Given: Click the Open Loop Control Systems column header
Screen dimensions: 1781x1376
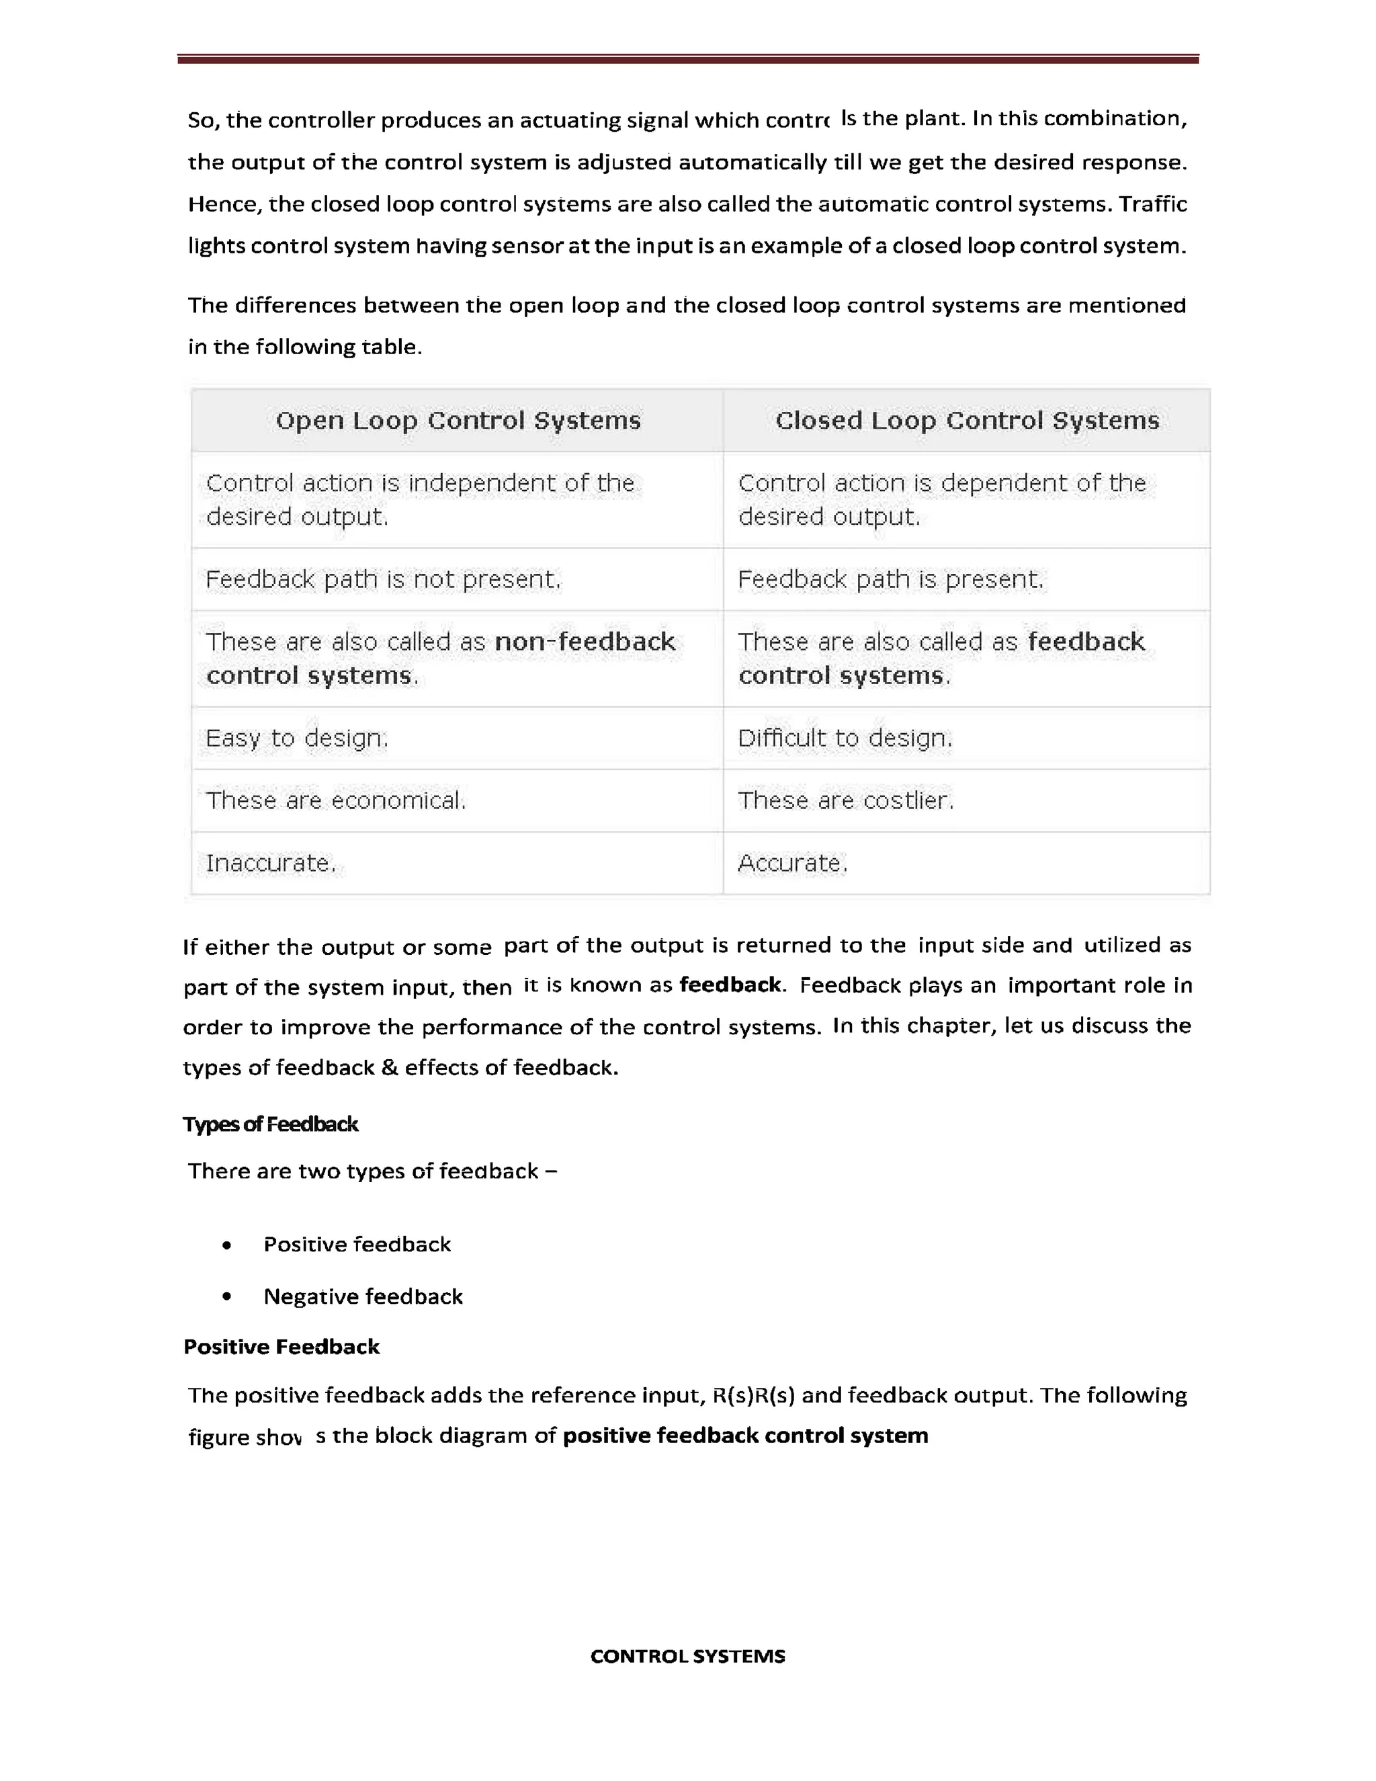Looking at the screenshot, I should click(458, 421).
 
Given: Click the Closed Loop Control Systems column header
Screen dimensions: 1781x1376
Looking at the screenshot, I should click(967, 421).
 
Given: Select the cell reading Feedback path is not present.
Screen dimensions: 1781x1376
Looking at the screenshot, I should click(383, 580).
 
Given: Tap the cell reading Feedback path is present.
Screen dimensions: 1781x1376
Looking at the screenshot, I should click(890, 580).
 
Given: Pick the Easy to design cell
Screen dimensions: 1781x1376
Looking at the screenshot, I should click(297, 739).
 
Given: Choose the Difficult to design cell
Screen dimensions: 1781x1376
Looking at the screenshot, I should click(845, 739).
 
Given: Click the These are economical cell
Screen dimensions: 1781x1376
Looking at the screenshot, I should click(335, 801).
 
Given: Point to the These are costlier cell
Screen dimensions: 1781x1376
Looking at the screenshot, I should click(845, 801).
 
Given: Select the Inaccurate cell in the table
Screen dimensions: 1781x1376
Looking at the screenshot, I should click(271, 864).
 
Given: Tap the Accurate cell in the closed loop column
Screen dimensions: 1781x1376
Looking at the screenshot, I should click(792, 864).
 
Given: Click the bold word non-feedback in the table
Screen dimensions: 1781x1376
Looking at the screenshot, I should click(585, 643).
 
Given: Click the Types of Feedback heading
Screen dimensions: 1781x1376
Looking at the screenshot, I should click(271, 1124).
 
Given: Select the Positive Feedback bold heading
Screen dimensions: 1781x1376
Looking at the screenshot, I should click(282, 1347).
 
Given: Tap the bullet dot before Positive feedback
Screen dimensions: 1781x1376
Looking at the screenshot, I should click(226, 1245).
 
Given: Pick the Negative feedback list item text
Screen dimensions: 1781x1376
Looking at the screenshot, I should click(363, 1297).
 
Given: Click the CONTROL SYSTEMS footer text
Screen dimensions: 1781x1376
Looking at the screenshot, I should click(687, 1656).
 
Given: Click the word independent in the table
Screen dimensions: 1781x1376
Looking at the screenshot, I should click(481, 484).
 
